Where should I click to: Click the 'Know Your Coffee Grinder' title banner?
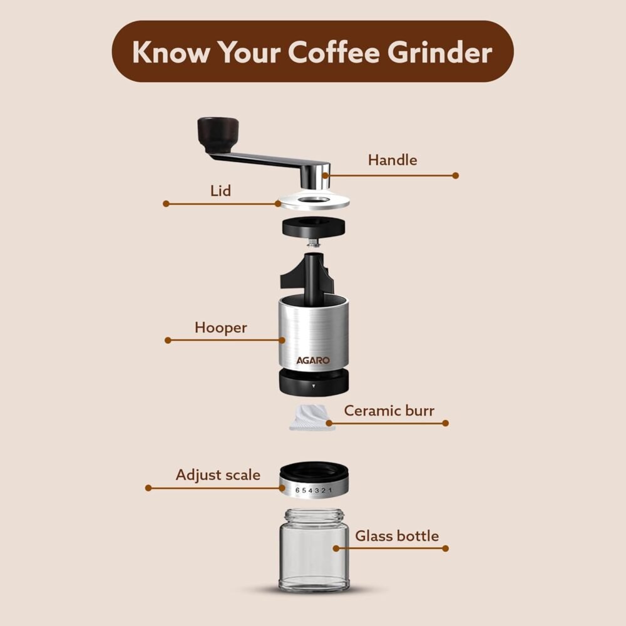click(x=312, y=51)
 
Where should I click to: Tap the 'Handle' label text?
click(x=393, y=160)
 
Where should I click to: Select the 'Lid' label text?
click(x=220, y=190)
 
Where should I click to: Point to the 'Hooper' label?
click(x=221, y=328)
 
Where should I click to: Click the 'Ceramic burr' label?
click(x=389, y=411)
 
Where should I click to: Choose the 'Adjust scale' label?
click(x=218, y=475)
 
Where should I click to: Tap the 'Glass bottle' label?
click(x=397, y=536)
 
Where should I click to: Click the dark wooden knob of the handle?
click(x=218, y=135)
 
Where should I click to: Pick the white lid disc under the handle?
click(x=314, y=201)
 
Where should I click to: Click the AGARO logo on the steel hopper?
click(x=313, y=361)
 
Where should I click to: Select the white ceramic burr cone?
click(x=312, y=418)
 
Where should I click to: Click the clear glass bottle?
click(x=314, y=550)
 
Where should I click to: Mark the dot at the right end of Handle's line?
click(x=456, y=175)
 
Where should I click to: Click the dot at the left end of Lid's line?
click(x=166, y=203)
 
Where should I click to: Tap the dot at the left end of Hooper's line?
click(x=168, y=340)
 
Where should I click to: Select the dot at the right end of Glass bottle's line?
click(x=446, y=548)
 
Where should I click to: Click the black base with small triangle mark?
click(x=314, y=382)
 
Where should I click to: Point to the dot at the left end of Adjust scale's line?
click(x=148, y=488)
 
